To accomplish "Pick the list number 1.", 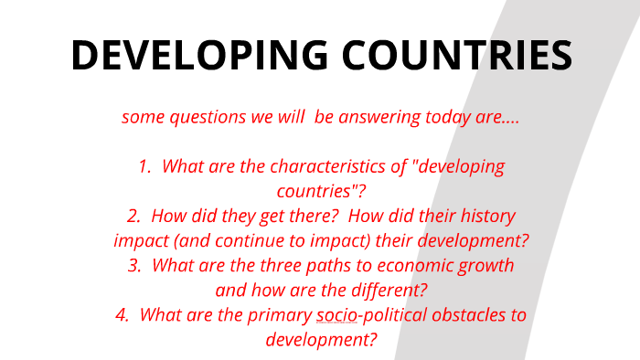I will click(x=144, y=167).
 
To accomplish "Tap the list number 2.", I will click(x=133, y=217).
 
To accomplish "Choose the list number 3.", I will click(x=133, y=266).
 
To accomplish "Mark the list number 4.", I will click(x=123, y=315).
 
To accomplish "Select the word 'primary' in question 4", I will click(x=280, y=315).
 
